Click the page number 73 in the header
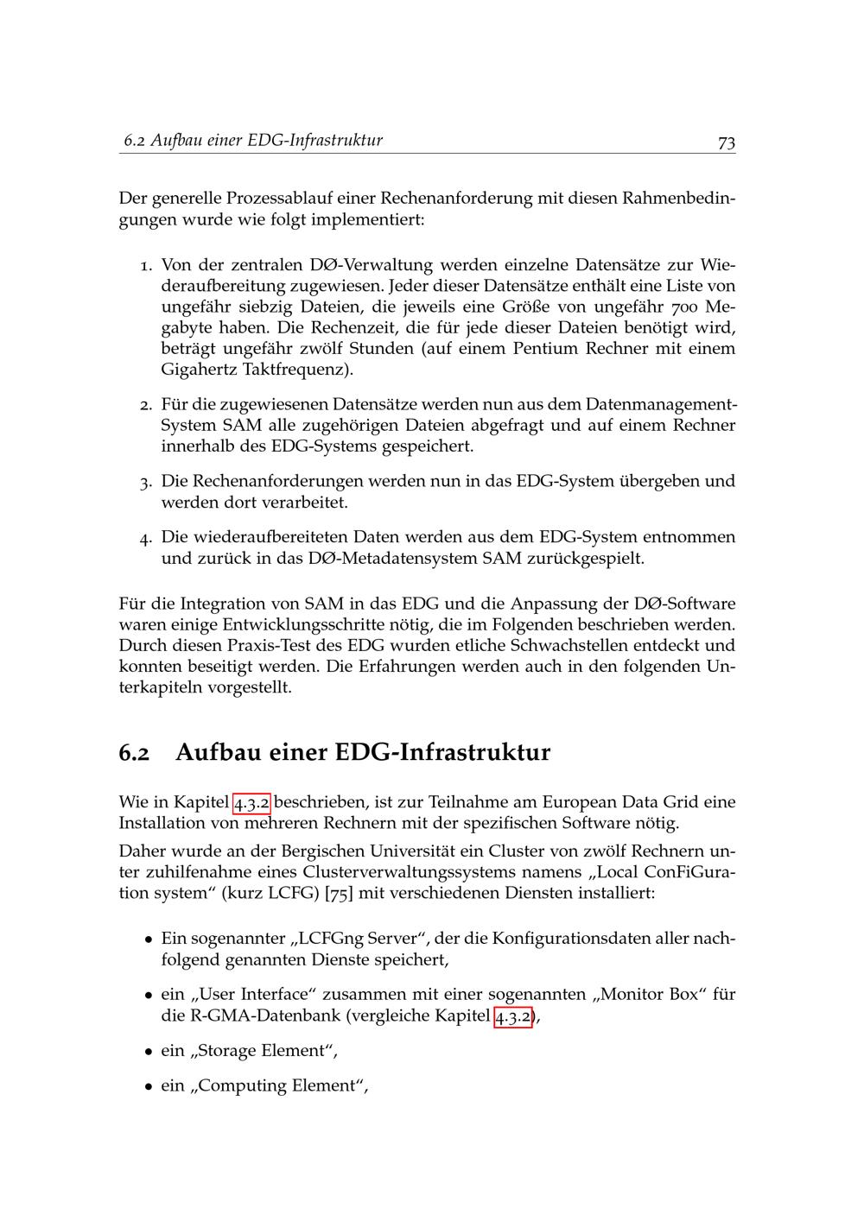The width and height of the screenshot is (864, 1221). click(x=726, y=142)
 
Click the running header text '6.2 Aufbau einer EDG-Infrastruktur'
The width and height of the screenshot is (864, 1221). click(x=252, y=140)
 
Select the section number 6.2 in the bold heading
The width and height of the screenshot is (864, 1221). click(x=134, y=753)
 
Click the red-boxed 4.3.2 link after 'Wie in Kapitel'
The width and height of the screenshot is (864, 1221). click(x=252, y=802)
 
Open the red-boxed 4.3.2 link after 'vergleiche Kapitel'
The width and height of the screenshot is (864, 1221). click(x=513, y=1016)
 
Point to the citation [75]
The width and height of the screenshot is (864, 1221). click(x=339, y=893)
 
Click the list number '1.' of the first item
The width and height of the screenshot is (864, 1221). click(x=147, y=265)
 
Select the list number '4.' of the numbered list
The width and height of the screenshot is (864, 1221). click(x=147, y=538)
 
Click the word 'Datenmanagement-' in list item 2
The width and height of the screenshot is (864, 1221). click(x=661, y=404)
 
